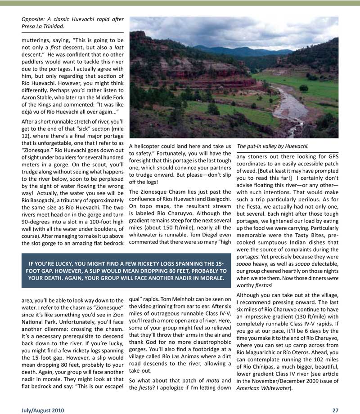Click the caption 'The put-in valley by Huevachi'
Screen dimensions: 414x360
click(272, 146)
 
